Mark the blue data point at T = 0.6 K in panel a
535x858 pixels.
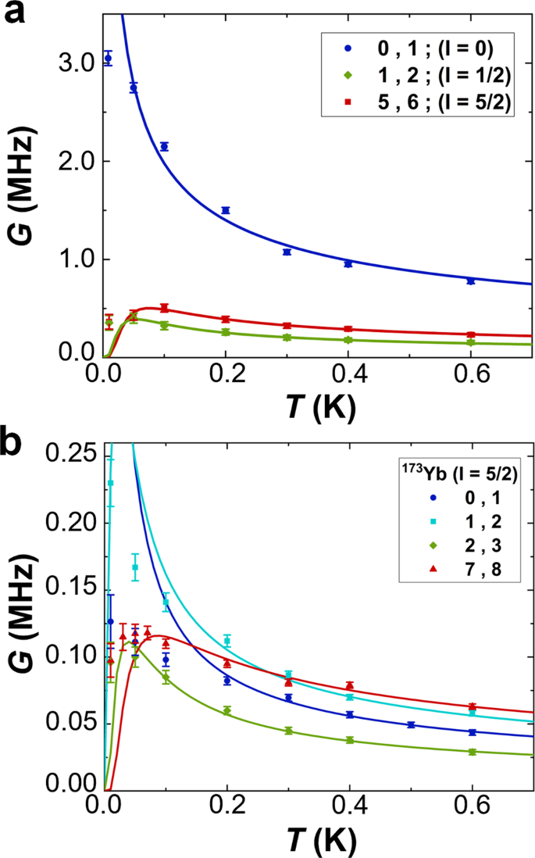pos(470,281)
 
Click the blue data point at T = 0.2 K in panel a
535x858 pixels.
pos(226,210)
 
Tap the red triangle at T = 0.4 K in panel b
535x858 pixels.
pos(349,685)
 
